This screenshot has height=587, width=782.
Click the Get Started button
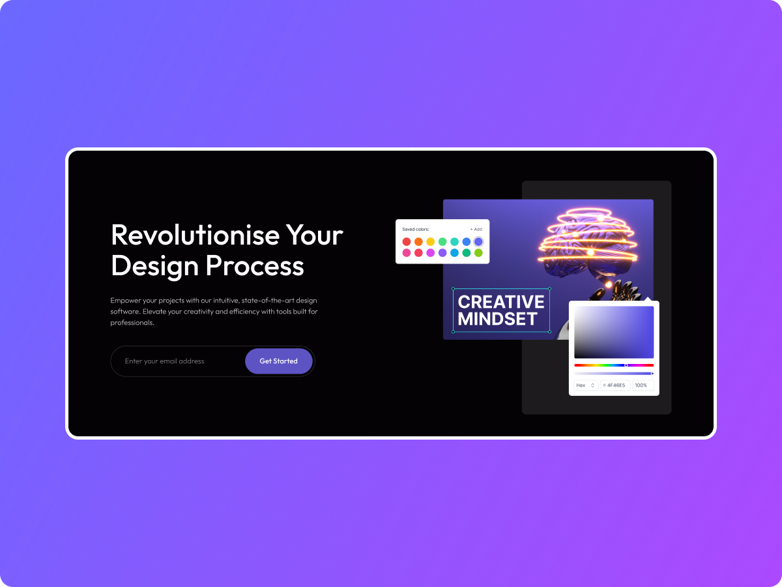click(x=278, y=361)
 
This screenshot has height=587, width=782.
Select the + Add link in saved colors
click(x=476, y=230)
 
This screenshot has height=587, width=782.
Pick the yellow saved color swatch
click(x=431, y=242)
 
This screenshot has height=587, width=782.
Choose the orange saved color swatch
click(x=418, y=242)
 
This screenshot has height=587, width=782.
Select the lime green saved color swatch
click(x=478, y=253)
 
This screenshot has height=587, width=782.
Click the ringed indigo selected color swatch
click(x=478, y=242)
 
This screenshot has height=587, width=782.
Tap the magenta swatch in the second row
click(x=431, y=253)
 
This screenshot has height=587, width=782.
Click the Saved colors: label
click(x=416, y=230)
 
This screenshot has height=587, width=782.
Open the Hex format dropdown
click(x=586, y=385)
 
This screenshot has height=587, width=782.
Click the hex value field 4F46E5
click(x=615, y=385)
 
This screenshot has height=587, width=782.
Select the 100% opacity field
click(x=642, y=385)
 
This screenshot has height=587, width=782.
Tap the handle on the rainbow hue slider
click(x=626, y=365)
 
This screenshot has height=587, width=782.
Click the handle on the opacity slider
click(x=652, y=374)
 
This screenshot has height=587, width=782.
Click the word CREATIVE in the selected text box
click(x=500, y=302)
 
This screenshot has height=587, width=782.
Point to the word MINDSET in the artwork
click(x=497, y=319)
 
